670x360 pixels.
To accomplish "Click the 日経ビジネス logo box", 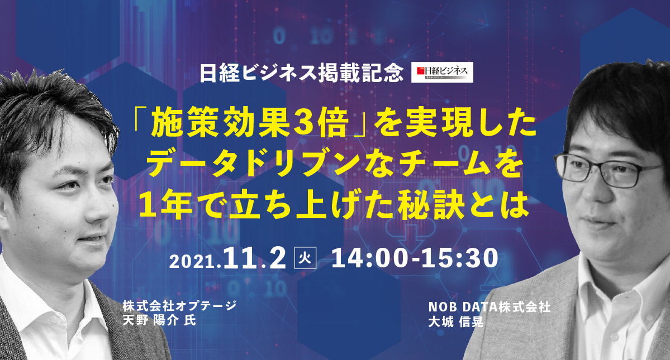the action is [442, 73].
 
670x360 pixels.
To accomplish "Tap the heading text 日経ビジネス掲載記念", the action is [302, 73].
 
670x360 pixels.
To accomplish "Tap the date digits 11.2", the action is [253, 258].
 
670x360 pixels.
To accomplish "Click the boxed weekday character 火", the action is [306, 258].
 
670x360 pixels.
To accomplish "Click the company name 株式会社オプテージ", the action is [179, 306].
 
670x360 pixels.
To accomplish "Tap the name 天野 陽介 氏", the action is [159, 320].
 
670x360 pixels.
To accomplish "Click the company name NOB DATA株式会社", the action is [490, 306].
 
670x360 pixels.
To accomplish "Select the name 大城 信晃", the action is [455, 321].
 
